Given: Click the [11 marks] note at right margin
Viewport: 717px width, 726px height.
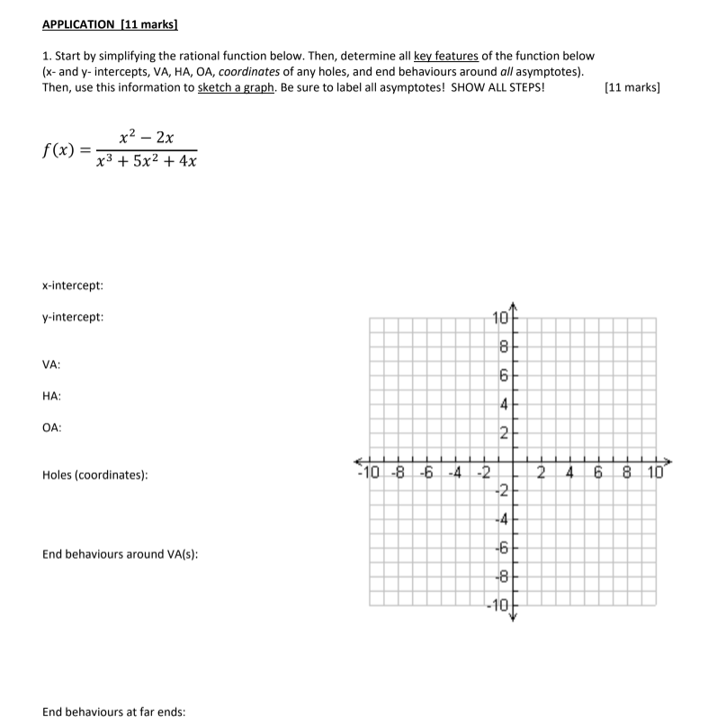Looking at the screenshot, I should coord(632,87).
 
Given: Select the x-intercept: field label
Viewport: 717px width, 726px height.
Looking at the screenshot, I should coord(73,285).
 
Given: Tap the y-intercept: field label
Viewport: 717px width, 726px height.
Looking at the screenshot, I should coord(73,318).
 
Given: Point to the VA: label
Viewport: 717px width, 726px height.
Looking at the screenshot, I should coord(52,364).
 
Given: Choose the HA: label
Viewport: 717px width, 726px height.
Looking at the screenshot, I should coord(52,396).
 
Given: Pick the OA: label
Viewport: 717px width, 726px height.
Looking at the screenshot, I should coord(52,428).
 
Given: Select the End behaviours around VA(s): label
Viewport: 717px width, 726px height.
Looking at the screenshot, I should coord(120,554).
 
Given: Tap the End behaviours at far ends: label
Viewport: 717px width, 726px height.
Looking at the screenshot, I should coord(113,712).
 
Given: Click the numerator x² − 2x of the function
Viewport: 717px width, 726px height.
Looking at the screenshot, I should coord(147,138).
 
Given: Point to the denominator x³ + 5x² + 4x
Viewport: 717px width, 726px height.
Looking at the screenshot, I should coord(147,163).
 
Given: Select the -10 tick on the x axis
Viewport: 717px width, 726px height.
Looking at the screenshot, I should coord(369,473).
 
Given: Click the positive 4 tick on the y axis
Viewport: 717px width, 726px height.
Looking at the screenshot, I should coord(504,405).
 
